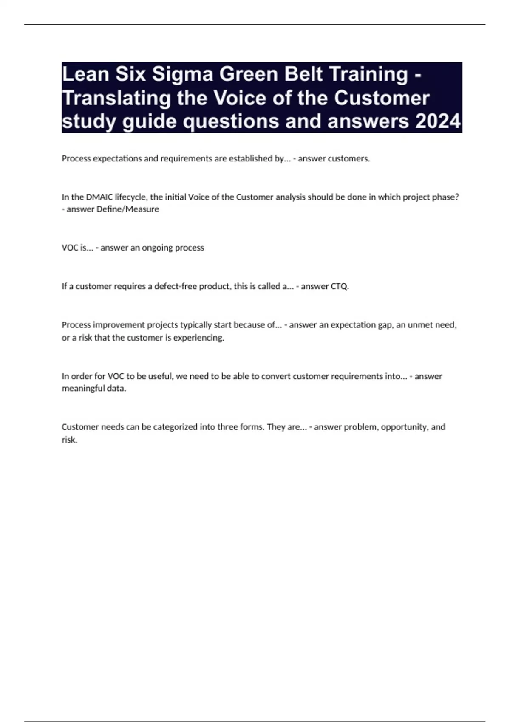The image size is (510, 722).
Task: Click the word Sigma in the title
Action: [x=182, y=74]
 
